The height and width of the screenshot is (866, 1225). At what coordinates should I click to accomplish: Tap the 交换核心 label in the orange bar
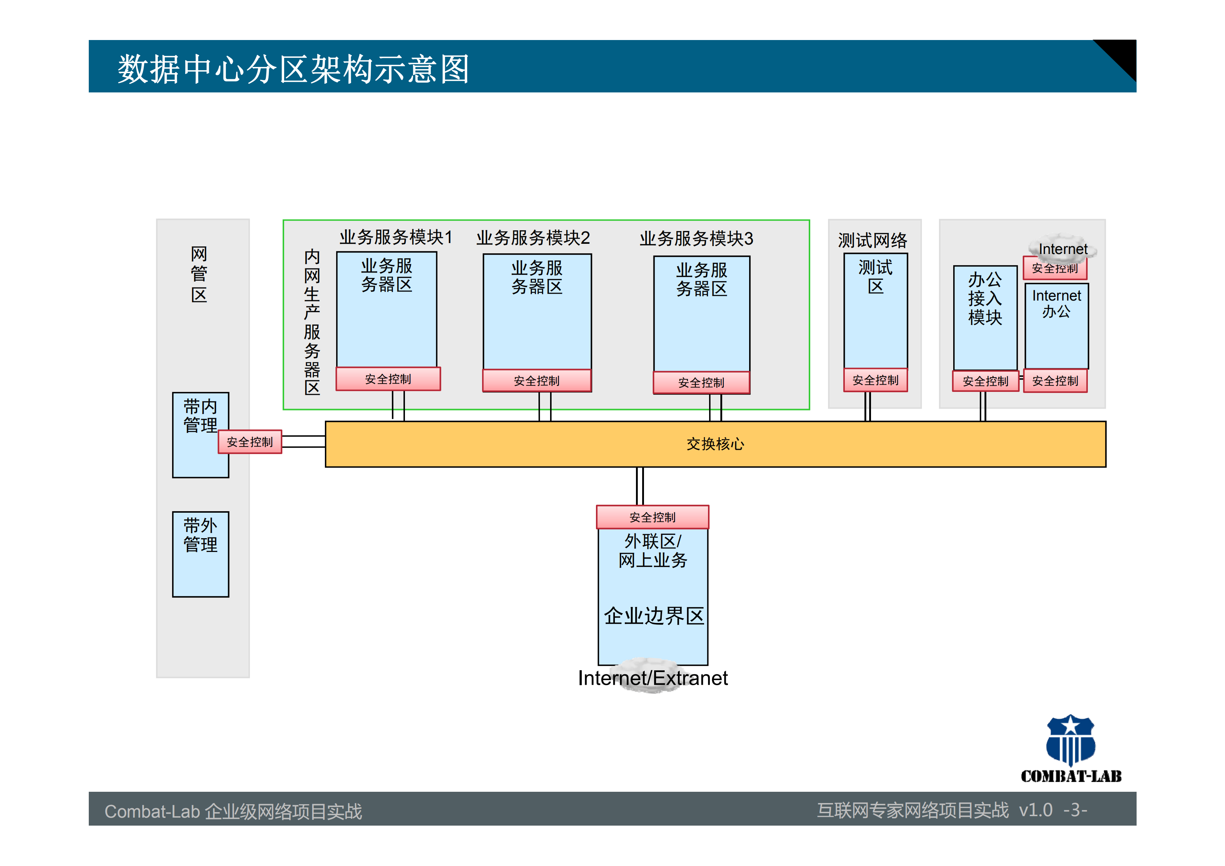pos(715,444)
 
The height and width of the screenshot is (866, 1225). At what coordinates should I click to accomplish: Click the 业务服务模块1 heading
pos(395,237)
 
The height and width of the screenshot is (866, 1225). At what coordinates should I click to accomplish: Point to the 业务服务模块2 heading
pos(533,238)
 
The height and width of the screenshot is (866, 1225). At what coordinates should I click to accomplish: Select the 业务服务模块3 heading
pos(696,238)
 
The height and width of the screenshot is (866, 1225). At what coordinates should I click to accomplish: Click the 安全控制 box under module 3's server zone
pos(701,382)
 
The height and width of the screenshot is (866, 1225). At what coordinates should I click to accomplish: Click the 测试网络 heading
pos(872,240)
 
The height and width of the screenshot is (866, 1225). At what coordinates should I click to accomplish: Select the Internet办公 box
pos(1057,326)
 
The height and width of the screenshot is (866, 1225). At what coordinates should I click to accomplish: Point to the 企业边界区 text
pos(653,616)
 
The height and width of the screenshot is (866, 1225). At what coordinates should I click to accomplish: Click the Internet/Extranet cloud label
pos(652,678)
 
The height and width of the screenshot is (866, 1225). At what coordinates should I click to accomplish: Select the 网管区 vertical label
pos(199,274)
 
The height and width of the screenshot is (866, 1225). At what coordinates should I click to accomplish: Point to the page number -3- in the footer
pos(1074,810)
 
